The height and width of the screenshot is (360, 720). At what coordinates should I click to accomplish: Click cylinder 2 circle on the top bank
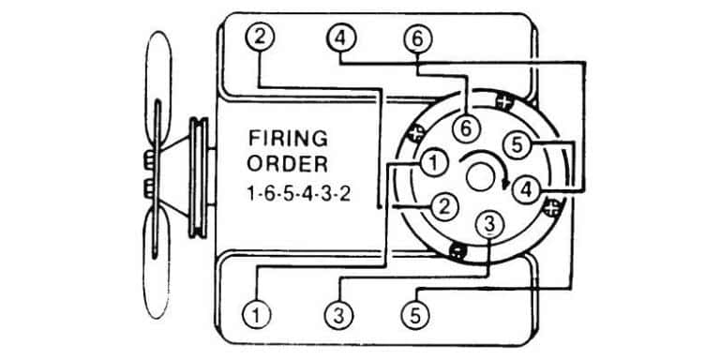(x=260, y=37)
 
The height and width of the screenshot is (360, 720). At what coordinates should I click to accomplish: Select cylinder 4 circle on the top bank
(x=340, y=38)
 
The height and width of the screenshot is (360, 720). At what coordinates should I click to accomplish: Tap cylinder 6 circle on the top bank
(x=417, y=39)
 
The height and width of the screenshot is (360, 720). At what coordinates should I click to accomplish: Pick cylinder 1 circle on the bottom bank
(x=256, y=315)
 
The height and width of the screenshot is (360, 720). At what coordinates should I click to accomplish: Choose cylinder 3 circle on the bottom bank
(x=338, y=315)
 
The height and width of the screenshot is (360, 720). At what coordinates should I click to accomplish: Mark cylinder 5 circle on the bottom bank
(x=415, y=315)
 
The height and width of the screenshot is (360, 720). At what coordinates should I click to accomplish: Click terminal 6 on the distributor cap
(x=466, y=128)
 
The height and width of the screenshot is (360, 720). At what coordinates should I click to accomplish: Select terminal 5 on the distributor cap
(x=517, y=145)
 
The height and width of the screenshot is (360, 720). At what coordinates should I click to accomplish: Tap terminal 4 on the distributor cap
(x=526, y=189)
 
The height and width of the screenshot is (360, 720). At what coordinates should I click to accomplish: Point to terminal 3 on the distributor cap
(x=490, y=225)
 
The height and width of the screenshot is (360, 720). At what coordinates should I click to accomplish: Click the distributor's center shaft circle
(x=480, y=177)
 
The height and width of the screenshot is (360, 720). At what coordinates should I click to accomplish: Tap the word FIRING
(x=288, y=138)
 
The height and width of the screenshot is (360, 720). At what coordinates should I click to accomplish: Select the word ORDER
(x=288, y=164)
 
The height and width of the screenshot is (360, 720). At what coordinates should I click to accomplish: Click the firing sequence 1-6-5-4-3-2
(x=299, y=194)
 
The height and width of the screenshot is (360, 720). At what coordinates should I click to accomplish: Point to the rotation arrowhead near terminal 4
(x=505, y=183)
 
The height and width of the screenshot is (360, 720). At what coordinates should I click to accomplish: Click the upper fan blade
(x=158, y=92)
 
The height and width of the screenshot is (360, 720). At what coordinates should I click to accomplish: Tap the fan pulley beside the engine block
(x=200, y=178)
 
